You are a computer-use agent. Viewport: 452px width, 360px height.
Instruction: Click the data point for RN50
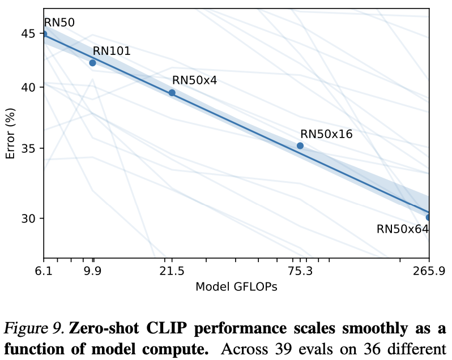coord(44,34)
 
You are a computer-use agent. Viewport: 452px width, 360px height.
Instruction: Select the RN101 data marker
coord(93,63)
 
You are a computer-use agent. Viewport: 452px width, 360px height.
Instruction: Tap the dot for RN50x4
coord(172,93)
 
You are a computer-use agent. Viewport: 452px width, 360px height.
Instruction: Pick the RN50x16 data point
coord(300,146)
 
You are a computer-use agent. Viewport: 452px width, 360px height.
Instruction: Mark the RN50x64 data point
coord(429,217)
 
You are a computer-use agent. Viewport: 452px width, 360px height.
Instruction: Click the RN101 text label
coord(112,51)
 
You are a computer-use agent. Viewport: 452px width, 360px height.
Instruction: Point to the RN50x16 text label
coord(326,134)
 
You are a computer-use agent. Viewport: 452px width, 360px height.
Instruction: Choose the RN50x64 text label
coord(402,229)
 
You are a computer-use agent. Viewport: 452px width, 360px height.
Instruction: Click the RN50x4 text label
coord(194,81)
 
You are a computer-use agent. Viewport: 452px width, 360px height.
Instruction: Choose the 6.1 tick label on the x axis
coord(44,271)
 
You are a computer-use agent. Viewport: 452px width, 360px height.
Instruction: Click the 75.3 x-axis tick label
coord(300,271)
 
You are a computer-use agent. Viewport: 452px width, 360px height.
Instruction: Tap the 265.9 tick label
coord(429,271)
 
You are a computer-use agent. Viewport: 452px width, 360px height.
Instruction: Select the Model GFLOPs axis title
coord(236,287)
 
